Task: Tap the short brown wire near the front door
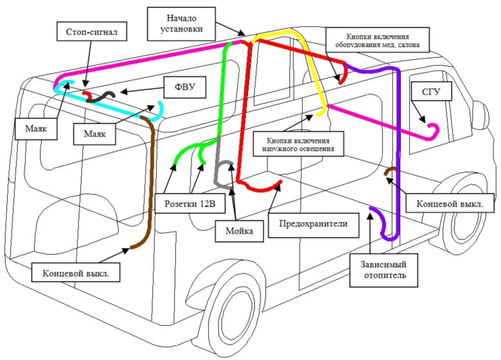click(390, 170)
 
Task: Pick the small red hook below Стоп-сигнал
click(87, 95)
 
